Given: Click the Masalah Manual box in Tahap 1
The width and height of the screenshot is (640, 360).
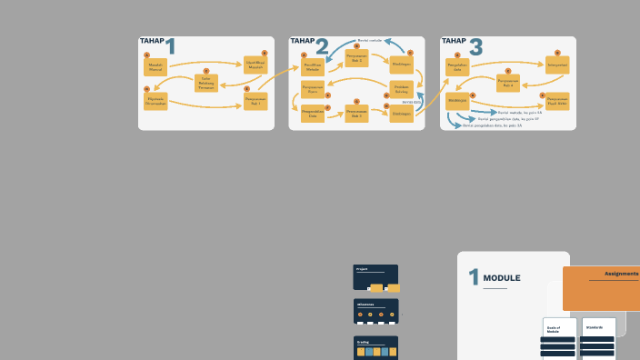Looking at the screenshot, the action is point(155,67).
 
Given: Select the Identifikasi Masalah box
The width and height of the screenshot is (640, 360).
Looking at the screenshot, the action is point(255,65).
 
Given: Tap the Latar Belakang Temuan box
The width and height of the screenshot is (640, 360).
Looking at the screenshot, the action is point(206,83).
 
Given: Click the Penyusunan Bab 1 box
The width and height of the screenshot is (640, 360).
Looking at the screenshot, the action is point(255,101).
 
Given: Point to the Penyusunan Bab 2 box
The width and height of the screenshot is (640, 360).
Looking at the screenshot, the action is point(355,58).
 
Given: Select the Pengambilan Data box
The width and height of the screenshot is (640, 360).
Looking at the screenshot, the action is point(312,114).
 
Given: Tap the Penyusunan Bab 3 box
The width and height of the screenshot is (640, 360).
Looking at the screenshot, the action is point(355,114).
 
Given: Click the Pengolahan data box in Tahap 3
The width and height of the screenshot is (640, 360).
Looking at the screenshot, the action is point(457,67).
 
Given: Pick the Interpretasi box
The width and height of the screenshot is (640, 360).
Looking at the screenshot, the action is point(557,65).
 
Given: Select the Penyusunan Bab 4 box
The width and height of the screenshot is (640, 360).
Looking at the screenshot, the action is point(508,82).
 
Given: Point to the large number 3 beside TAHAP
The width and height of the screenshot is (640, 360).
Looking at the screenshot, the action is point(475,48).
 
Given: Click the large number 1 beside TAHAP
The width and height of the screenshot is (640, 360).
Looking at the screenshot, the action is point(170,47).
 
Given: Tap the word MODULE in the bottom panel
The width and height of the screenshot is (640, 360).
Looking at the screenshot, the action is point(502,278).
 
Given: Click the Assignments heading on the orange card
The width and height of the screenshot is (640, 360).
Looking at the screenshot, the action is point(621,274).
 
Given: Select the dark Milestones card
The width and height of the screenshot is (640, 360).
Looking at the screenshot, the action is point(375,311).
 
